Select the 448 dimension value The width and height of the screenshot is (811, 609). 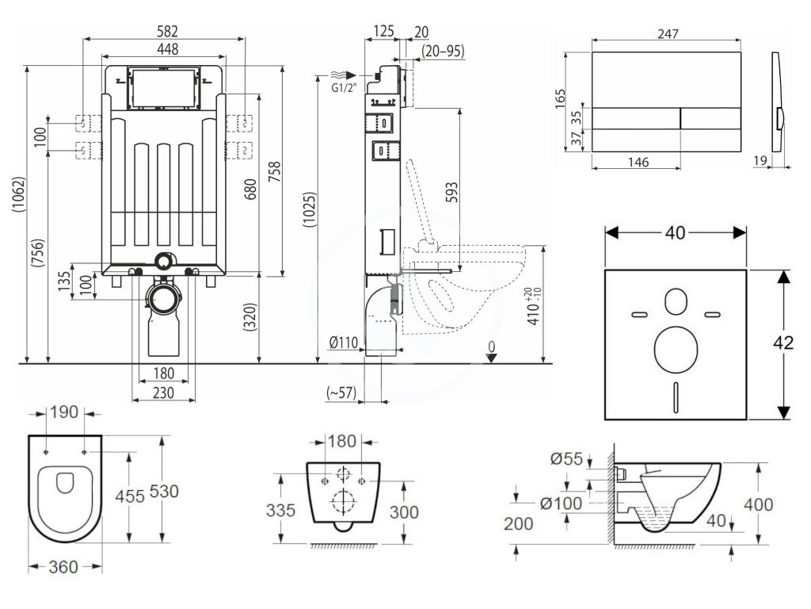pyautogui.click(x=166, y=49)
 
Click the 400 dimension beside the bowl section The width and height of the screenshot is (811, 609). pyautogui.click(x=758, y=504)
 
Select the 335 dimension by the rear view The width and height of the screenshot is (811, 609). pyautogui.click(x=280, y=509)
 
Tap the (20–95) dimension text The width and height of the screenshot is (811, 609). pyautogui.click(x=444, y=51)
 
